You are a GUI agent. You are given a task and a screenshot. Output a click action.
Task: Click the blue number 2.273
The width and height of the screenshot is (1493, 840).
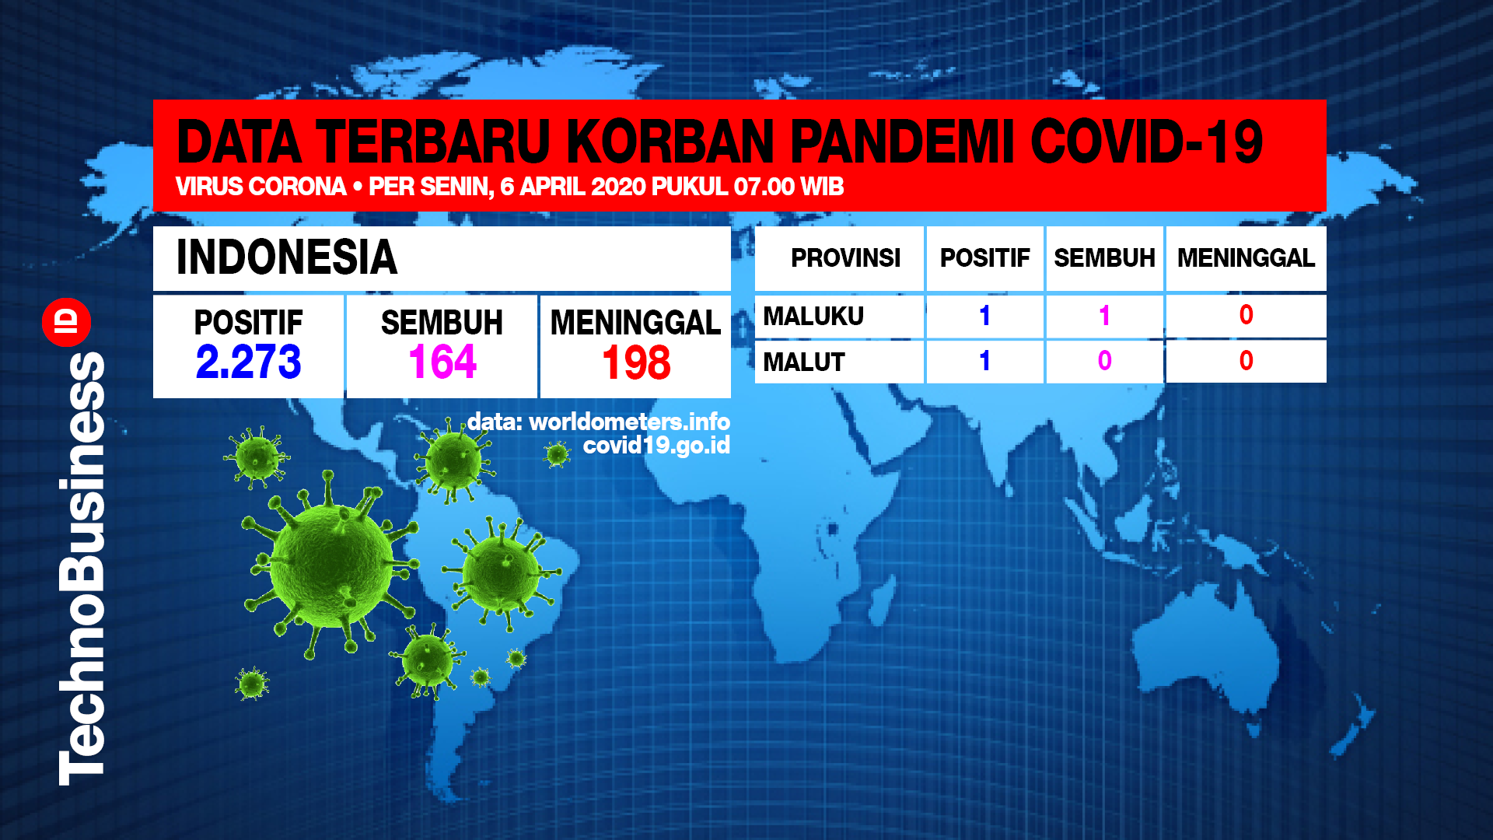click(x=248, y=362)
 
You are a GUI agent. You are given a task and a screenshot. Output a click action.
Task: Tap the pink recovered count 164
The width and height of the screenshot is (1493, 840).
click(x=442, y=362)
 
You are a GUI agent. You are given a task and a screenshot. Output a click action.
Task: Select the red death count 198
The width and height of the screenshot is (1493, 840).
click(x=636, y=363)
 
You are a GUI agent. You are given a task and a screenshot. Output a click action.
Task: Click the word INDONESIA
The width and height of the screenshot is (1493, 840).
click(x=287, y=257)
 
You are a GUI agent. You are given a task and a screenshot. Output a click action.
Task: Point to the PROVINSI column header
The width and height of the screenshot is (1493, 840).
click(x=845, y=258)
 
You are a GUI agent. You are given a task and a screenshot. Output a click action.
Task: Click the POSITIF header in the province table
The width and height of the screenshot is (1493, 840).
click(x=984, y=258)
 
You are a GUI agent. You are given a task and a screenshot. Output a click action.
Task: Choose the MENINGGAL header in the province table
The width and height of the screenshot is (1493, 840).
click(x=1246, y=258)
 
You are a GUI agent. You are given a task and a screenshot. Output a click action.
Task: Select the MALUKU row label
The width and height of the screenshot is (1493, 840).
click(x=813, y=317)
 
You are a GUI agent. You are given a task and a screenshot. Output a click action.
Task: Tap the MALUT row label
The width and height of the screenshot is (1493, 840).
click(x=803, y=362)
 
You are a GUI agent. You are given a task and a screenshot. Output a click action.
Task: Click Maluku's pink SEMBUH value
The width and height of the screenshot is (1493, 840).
click(x=1104, y=316)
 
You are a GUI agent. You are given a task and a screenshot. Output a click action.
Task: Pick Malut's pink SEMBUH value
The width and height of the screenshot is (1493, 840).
click(x=1104, y=361)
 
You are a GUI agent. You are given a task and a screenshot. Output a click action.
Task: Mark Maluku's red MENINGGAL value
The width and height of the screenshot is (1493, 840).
click(x=1246, y=315)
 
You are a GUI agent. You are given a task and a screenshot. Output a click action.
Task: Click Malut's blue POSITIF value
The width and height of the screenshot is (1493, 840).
click(x=984, y=361)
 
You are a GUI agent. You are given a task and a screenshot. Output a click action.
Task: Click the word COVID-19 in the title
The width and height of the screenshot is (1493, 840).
click(x=1147, y=142)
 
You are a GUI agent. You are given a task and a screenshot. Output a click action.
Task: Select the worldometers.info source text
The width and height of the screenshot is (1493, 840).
click(x=629, y=422)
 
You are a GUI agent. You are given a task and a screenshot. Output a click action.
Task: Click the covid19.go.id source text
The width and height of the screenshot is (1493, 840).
click(x=656, y=446)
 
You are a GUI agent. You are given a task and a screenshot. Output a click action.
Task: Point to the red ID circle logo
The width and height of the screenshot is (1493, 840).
click(x=67, y=322)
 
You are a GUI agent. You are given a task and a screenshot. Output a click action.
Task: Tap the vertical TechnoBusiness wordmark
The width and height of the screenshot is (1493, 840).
click(x=82, y=568)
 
